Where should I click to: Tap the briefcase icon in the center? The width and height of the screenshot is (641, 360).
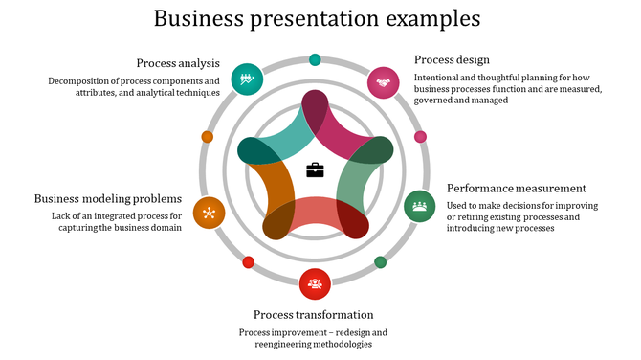pyautogui.click(x=315, y=170)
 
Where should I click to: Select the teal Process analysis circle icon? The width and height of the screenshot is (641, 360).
pyautogui.click(x=248, y=79)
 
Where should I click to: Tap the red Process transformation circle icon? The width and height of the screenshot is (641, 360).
pyautogui.click(x=315, y=283)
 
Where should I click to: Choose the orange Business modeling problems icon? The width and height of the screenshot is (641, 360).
pyautogui.click(x=209, y=213)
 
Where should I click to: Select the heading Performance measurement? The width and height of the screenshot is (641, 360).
pyautogui.click(x=516, y=188)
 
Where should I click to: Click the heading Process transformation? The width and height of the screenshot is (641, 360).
pyautogui.click(x=313, y=314)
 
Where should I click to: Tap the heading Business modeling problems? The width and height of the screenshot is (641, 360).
pyautogui.click(x=108, y=198)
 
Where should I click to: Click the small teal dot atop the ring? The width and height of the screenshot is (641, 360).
pyautogui.click(x=316, y=59)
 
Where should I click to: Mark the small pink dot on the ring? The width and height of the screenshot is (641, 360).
pyautogui.click(x=420, y=137)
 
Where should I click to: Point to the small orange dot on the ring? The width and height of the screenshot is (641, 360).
pyautogui.click(x=208, y=137)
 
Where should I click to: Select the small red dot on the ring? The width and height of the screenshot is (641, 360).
pyautogui.click(x=249, y=261)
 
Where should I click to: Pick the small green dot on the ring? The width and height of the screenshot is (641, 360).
pyautogui.click(x=380, y=261)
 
